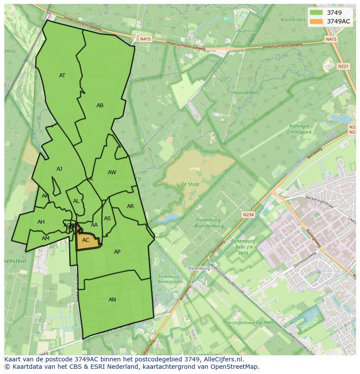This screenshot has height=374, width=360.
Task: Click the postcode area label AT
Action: (x=62, y=76)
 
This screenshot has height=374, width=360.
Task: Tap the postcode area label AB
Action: (x=100, y=106)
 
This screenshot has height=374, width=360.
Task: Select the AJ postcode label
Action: (x=59, y=169)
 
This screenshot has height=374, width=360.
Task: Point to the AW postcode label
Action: (x=112, y=172)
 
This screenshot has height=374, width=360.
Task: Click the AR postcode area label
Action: (x=130, y=206)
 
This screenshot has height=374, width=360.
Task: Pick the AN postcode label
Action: (x=112, y=300)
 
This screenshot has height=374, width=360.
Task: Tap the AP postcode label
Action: (x=117, y=252)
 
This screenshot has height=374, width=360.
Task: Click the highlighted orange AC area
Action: (x=87, y=241)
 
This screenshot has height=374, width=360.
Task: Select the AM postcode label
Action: (x=46, y=238)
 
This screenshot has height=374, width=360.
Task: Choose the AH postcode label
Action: (x=41, y=222)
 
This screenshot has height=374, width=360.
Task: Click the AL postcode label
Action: (x=76, y=201)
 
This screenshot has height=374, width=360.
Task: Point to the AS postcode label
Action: (x=107, y=218)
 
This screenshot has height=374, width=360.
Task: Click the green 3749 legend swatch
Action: (x=317, y=13)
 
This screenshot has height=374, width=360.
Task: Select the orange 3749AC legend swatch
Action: (x=317, y=21)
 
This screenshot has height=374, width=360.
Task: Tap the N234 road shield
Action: (x=248, y=215)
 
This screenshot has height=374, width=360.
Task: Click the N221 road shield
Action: (x=343, y=66)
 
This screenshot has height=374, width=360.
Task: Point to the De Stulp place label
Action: (x=190, y=184)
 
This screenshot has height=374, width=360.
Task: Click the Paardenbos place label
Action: (x=246, y=93)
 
